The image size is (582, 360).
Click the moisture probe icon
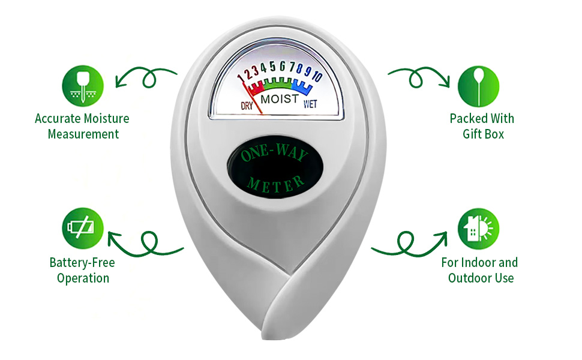[83, 86]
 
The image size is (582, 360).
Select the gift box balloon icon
[478, 86]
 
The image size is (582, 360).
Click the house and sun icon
[478, 229]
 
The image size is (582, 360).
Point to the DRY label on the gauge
[247, 106]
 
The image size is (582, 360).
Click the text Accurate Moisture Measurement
[82, 126]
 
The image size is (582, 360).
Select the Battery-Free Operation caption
[83, 270]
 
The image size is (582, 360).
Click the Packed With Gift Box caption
[482, 126]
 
